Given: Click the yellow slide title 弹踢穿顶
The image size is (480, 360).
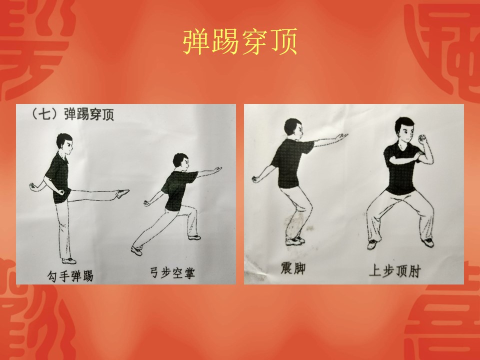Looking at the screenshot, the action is [x=240, y=41].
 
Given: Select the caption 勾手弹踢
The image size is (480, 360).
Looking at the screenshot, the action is [x=70, y=275].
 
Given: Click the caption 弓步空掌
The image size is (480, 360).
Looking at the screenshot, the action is [x=172, y=272].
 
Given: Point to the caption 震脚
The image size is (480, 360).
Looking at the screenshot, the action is [x=293, y=268].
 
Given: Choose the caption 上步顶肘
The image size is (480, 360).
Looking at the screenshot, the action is [x=395, y=271].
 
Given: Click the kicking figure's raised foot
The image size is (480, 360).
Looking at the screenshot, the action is [x=123, y=193].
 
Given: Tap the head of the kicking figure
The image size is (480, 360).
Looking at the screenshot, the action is [x=65, y=144].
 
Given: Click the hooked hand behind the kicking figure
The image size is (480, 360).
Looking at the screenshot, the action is [x=33, y=186].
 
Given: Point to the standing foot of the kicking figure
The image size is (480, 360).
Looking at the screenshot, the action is [x=69, y=261].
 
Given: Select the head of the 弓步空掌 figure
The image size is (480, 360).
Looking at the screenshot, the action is [x=181, y=161].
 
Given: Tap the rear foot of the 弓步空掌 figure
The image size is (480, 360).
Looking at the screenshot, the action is [x=136, y=250].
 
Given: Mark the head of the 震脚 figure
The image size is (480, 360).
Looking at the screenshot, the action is [x=293, y=128].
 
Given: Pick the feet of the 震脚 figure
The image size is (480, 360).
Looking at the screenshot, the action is [x=295, y=240].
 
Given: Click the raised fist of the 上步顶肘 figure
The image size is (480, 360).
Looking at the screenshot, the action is [x=422, y=138].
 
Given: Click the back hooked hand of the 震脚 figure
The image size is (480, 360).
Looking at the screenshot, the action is [x=256, y=179].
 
